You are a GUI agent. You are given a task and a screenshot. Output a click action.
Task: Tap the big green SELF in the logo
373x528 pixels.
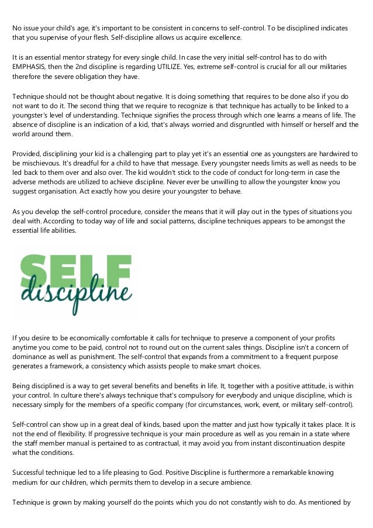click(74, 268)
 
